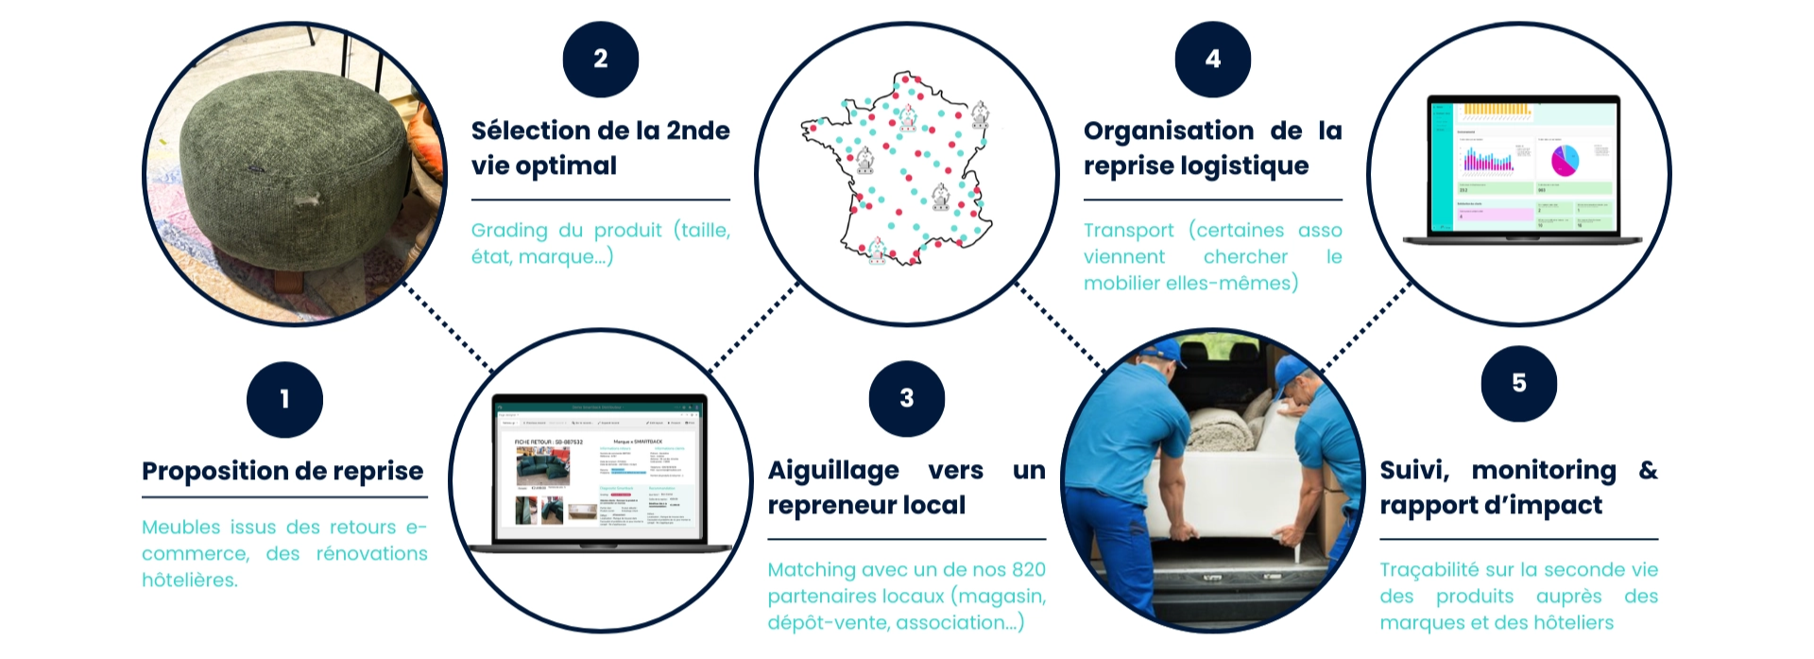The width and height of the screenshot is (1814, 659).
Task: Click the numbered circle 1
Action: pyautogui.click(x=284, y=400)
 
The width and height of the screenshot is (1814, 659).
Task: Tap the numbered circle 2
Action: pyautogui.click(x=601, y=59)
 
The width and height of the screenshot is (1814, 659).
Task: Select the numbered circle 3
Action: pyautogui.click(x=907, y=398)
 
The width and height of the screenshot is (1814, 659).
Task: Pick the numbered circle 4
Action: pyautogui.click(x=1213, y=59)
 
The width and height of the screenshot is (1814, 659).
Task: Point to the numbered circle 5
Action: pyautogui.click(x=1519, y=383)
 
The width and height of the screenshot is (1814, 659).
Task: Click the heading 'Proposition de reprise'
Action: pyautogui.click(x=282, y=471)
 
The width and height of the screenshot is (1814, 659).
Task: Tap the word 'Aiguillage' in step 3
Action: pyautogui.click(x=833, y=471)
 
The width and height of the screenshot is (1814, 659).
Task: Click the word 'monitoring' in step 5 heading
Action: pyautogui.click(x=1544, y=471)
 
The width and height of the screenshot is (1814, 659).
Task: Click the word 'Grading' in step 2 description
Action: pyautogui.click(x=509, y=231)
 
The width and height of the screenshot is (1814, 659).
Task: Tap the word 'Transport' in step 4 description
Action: pyautogui.click(x=1128, y=231)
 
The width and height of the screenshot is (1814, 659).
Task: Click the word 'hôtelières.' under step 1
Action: pyautogui.click(x=190, y=580)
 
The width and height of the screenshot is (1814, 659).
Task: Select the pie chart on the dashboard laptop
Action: pyautogui.click(x=1565, y=159)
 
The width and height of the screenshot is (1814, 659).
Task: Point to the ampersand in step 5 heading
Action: pyautogui.click(x=1648, y=470)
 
